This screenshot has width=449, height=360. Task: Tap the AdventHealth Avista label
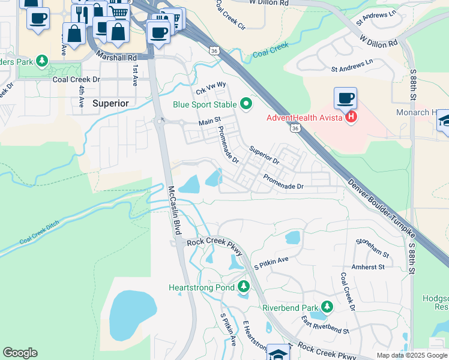point(305,117)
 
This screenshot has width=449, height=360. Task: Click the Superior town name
point(111,103)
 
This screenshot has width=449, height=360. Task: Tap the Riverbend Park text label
point(289,308)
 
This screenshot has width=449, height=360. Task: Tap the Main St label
point(210,122)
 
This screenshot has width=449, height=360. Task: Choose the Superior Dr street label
point(265,156)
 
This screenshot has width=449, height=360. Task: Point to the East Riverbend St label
point(325,324)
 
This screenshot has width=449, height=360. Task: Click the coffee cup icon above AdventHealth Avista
point(346,98)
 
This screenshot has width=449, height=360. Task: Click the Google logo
point(20,353)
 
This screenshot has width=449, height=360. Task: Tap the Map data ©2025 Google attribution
point(411,355)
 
